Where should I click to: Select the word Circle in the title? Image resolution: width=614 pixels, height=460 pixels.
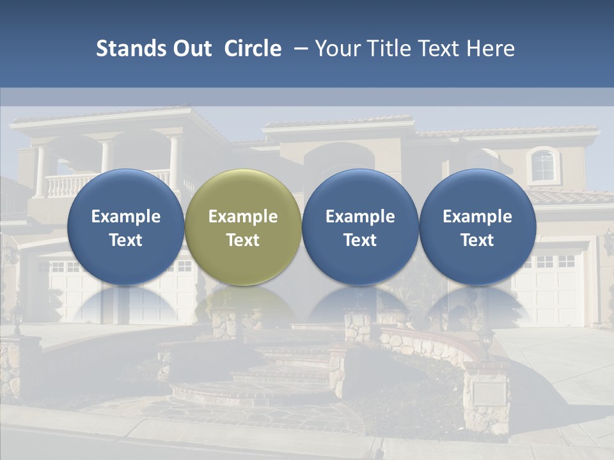253,49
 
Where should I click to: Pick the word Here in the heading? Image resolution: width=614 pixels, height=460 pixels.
492,49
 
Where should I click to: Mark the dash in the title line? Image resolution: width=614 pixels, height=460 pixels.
299,49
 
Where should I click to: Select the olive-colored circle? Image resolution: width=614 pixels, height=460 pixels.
242,192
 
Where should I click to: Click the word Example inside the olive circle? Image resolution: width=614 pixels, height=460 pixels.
242,217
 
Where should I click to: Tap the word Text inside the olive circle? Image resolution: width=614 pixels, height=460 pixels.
242,240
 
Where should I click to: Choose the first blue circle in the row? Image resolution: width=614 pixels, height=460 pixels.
125,192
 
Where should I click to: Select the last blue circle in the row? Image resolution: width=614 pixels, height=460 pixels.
477,192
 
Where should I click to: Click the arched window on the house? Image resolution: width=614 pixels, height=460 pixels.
542,165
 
